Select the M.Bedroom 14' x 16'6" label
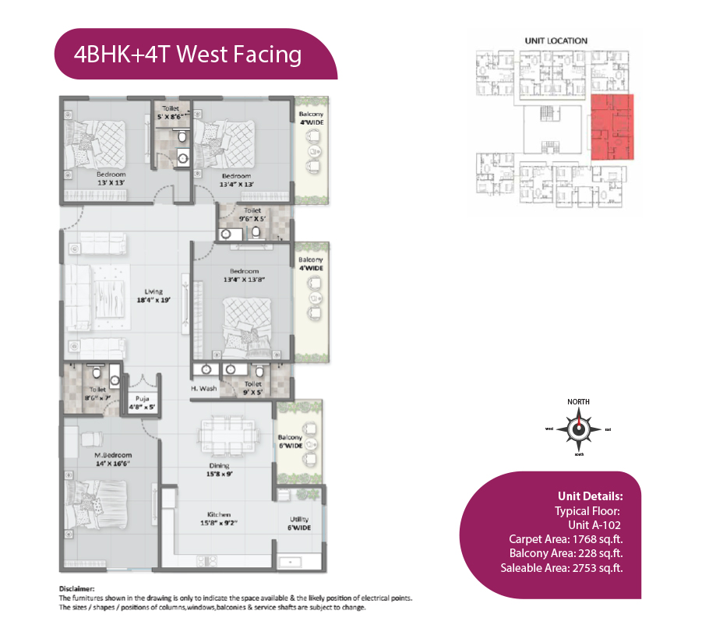pyautogui.click(x=114, y=459)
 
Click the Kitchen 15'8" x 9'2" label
pyautogui.click(x=218, y=519)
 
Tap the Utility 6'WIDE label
pyautogui.click(x=299, y=524)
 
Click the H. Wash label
pyautogui.click(x=204, y=386)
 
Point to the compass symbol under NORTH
pyautogui.click(x=578, y=429)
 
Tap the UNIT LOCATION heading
pyautogui.click(x=556, y=41)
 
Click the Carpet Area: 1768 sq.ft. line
pyautogui.click(x=566, y=539)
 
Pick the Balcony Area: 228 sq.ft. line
pyautogui.click(x=566, y=553)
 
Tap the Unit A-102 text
pyautogui.click(x=594, y=525)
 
